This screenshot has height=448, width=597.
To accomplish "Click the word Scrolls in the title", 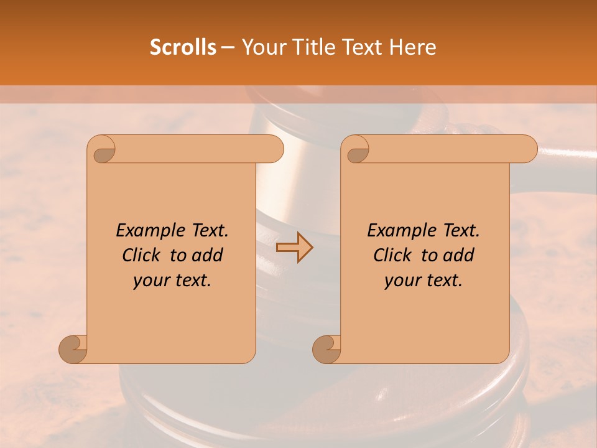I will (183, 47).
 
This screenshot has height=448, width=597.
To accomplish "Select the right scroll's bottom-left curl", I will (327, 349).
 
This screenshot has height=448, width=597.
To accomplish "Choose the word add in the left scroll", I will (208, 255).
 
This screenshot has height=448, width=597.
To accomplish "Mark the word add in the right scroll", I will (459, 255).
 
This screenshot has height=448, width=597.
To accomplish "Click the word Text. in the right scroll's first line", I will (461, 231).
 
